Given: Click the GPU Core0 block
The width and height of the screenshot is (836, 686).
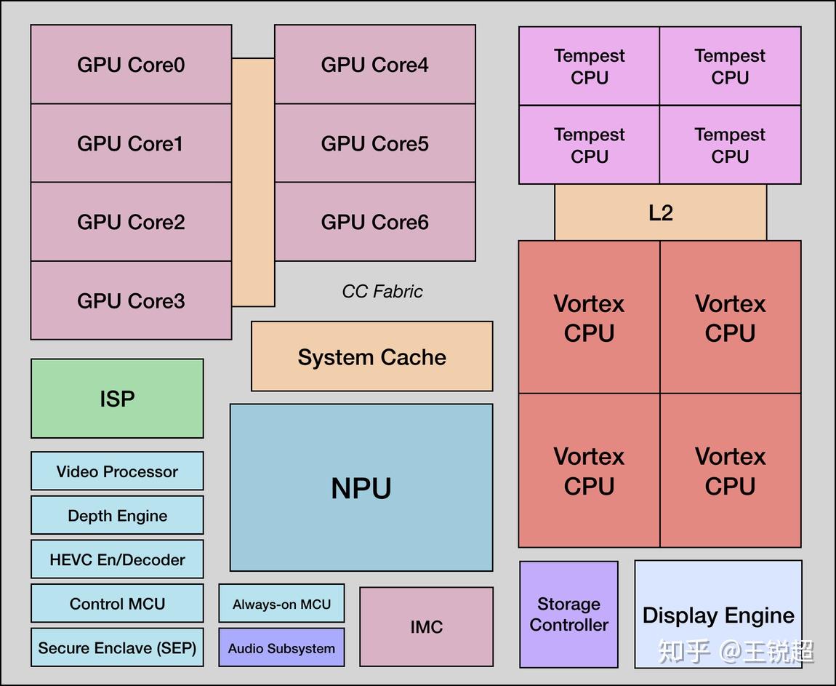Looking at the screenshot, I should coord(131,65).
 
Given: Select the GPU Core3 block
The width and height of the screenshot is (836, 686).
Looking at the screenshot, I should coord(131,300).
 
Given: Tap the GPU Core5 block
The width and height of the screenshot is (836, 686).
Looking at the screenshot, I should coord(374,143).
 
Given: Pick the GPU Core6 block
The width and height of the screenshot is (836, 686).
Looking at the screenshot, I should coord(374,222).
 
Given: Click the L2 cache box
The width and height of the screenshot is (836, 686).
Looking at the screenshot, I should coord(660,212).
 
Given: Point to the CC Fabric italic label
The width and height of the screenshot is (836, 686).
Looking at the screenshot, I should coord(382,292).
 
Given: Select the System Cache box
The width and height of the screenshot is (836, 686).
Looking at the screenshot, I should coord(371,356).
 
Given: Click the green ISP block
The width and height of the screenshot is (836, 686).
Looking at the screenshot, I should coord(117,399).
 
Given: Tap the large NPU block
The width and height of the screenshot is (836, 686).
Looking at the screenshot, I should coord(361,487).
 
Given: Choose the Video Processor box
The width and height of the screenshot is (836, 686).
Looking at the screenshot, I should coord(117,471).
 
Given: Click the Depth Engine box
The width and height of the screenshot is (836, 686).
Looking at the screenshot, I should coord(117,516).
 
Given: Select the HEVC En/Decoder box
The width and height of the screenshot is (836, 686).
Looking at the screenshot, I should coord(117,559).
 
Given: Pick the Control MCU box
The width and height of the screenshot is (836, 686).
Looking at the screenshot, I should coord(117,604).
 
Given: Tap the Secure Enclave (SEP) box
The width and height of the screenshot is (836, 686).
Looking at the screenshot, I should coord(117,647).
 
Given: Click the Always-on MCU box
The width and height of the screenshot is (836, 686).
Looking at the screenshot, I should coord(281,604).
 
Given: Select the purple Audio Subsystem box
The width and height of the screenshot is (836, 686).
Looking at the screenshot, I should coord(281,648).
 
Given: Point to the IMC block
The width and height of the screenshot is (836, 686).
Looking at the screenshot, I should coord(426,626).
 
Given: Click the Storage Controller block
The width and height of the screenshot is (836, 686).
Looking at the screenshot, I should coord(568,614).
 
